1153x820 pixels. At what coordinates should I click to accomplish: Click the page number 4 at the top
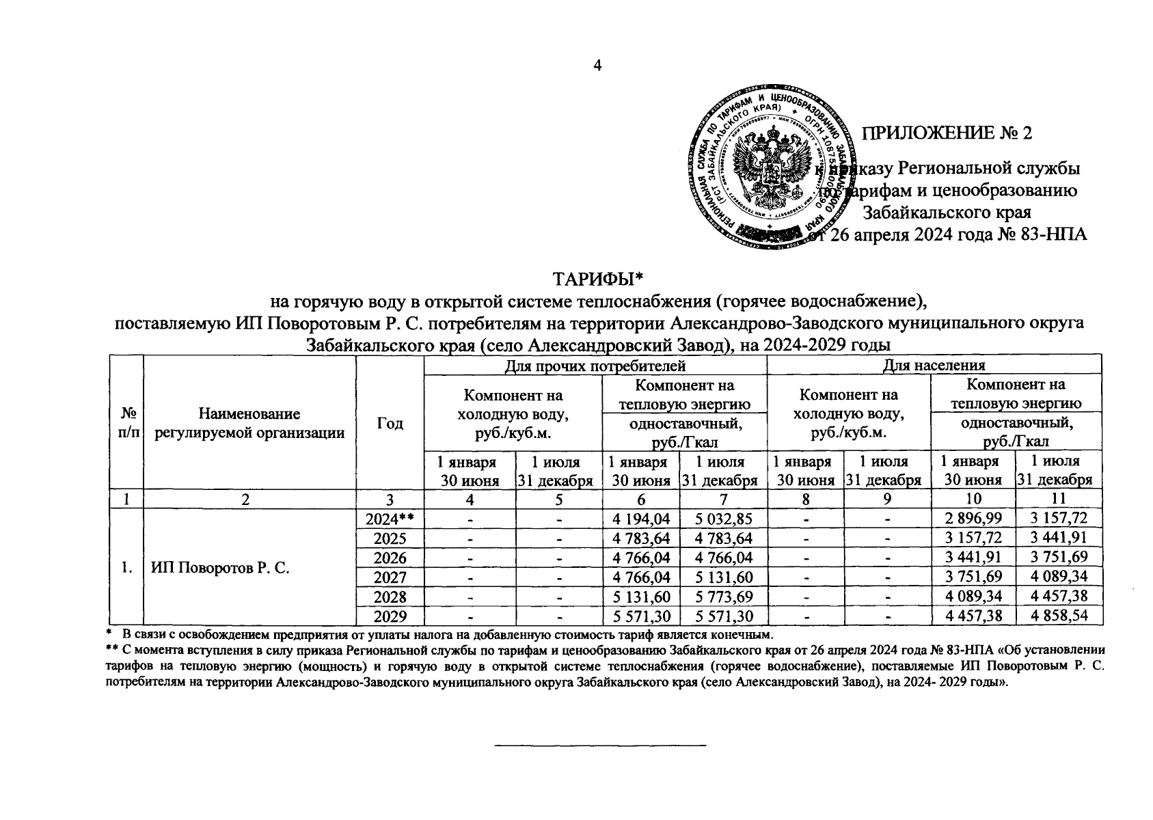[597, 66]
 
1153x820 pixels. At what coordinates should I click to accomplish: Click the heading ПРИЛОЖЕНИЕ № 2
[946, 133]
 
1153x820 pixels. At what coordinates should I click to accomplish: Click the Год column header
[390, 423]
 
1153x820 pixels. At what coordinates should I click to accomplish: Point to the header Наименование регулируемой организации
[249, 423]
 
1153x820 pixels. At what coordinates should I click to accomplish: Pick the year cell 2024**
[389, 519]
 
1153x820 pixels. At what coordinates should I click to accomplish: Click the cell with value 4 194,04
[640, 519]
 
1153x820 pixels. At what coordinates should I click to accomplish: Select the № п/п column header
[126, 423]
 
